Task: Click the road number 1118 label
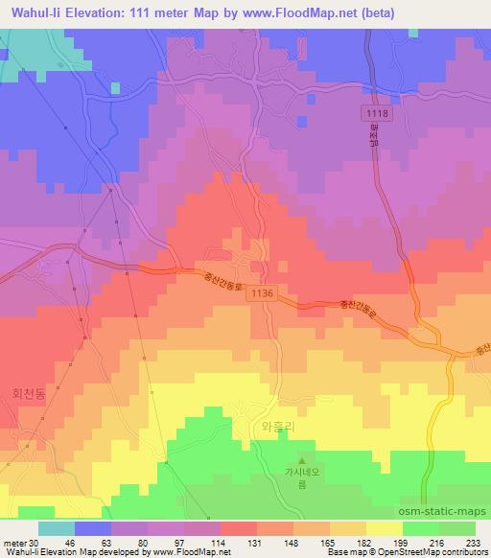point(377,114)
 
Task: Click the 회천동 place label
point(29,393)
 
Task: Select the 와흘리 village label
point(269,425)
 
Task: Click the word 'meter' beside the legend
point(13,543)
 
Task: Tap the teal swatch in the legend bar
point(57,528)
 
